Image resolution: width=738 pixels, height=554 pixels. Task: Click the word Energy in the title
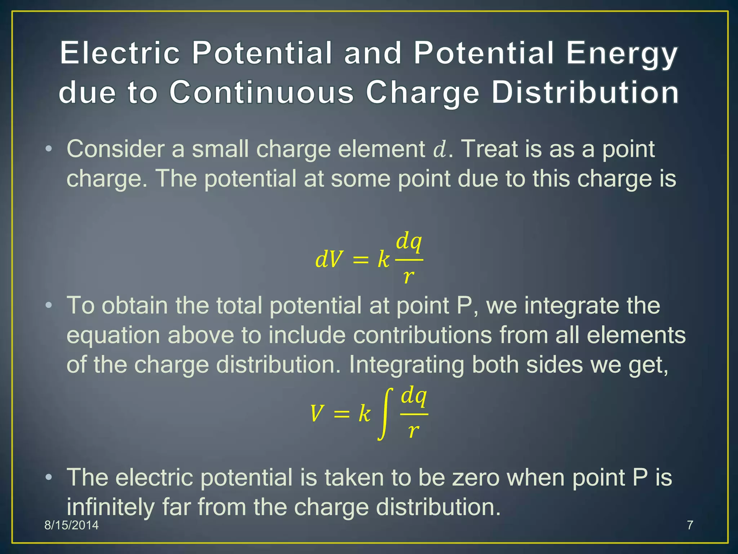click(x=622, y=53)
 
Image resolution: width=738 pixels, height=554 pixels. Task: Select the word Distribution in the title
click(x=585, y=92)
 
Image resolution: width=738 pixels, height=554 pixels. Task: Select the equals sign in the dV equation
click(x=361, y=260)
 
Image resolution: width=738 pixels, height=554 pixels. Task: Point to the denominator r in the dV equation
click(x=409, y=277)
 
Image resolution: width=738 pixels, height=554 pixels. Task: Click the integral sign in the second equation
click(x=385, y=414)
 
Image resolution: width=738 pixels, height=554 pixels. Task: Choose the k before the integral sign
click(x=364, y=414)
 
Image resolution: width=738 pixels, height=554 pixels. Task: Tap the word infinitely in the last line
click(x=111, y=507)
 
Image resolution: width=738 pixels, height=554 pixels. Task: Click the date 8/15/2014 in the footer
click(x=71, y=525)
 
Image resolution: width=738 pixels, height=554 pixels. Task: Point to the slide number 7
click(x=690, y=525)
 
